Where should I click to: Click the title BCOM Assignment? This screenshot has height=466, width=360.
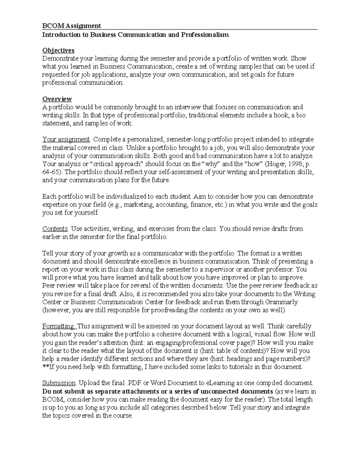pyautogui.click(x=71, y=26)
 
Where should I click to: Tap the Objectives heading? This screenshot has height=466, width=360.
pyautogui.click(x=58, y=50)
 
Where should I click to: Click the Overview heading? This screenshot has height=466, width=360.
pyautogui.click(x=57, y=99)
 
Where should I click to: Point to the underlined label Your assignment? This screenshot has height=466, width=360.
pyautogui.click(x=66, y=140)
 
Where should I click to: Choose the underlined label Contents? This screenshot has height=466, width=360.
pyautogui.click(x=55, y=229)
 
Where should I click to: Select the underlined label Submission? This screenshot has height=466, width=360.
pyautogui.click(x=59, y=383)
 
